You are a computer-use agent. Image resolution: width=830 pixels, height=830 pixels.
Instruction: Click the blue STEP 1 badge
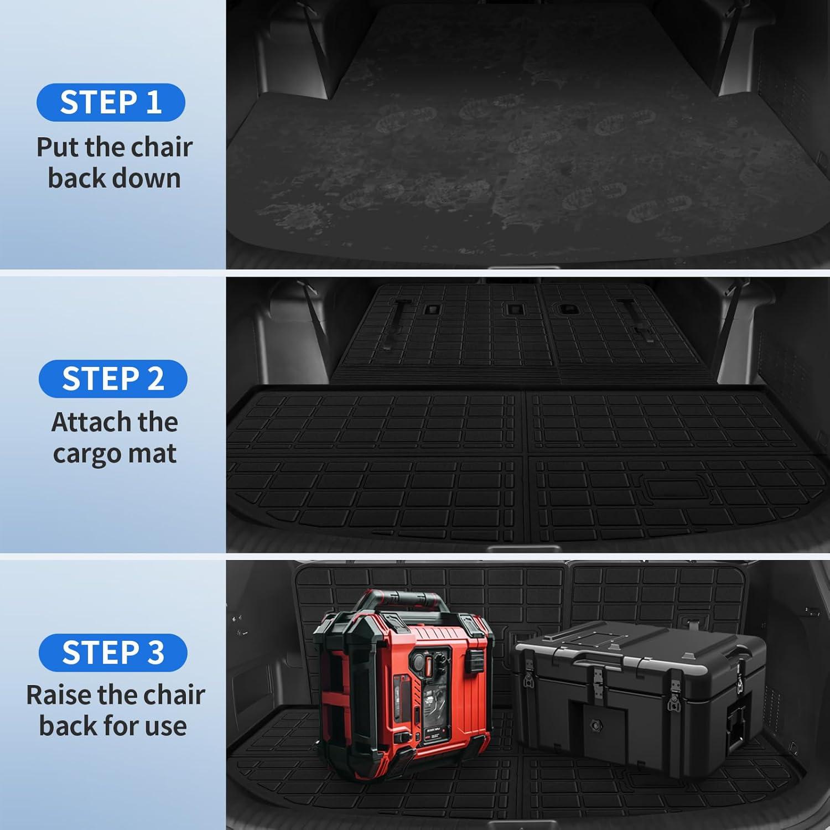click(111, 102)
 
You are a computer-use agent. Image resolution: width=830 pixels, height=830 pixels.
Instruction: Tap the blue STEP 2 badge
click(113, 378)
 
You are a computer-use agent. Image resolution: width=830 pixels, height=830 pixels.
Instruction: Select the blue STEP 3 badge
click(113, 652)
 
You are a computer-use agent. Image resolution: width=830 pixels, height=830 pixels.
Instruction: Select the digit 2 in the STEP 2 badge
click(154, 378)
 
